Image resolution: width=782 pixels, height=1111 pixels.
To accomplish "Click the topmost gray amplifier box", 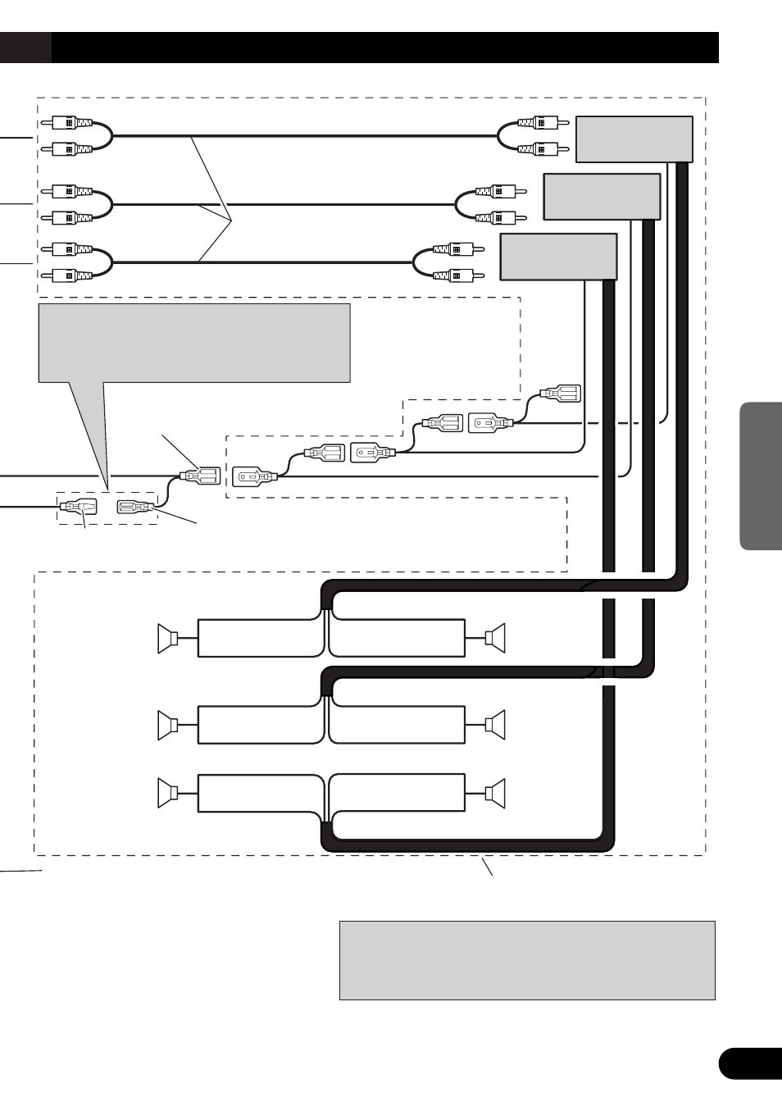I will (x=634, y=139).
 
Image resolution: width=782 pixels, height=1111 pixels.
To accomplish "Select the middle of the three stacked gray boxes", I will (x=602, y=197).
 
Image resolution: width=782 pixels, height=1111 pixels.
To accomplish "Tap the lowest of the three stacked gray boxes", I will (x=558, y=256).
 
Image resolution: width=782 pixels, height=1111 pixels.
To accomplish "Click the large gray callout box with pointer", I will (x=194, y=343).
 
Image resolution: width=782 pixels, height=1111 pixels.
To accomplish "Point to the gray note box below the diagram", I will (x=527, y=959).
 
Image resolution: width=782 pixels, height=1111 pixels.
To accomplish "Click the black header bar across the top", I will (x=384, y=48).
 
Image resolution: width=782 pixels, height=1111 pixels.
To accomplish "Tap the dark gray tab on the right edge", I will (x=761, y=476).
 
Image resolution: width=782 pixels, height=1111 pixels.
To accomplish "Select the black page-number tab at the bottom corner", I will (x=749, y=1063).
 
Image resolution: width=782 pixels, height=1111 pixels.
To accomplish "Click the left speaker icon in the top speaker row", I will (x=168, y=639).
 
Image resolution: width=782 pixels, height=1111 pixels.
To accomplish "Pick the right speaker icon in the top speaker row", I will (x=495, y=637).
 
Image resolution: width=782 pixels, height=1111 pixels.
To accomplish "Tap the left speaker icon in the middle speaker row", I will (x=168, y=724).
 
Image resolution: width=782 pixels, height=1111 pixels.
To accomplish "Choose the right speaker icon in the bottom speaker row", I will (x=495, y=793).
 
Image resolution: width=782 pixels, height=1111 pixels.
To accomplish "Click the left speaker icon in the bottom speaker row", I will (x=168, y=793).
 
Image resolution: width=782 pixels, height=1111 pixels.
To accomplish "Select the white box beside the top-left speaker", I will (x=259, y=639).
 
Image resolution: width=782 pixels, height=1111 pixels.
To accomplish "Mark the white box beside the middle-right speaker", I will (x=397, y=724).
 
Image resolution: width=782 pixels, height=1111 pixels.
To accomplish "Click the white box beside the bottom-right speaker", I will (x=397, y=794).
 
